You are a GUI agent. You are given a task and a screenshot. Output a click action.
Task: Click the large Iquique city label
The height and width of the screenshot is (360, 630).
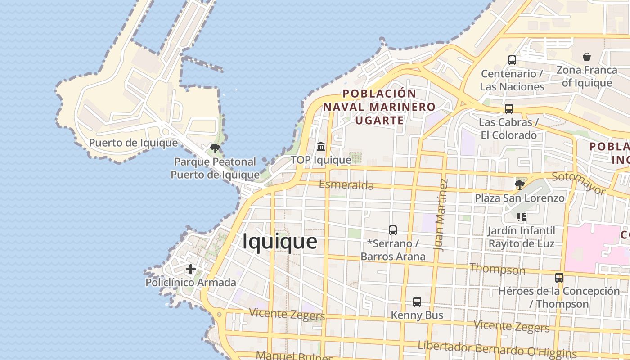(x=280, y=242)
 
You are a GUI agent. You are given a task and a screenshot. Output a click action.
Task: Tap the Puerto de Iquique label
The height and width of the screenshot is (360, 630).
(x=133, y=143)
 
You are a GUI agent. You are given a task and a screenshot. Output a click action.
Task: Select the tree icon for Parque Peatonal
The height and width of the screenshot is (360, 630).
(x=215, y=148)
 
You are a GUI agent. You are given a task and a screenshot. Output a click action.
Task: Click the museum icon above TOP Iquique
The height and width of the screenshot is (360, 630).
(x=321, y=146)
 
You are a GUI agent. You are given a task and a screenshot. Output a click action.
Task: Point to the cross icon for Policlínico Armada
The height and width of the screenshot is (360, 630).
(x=191, y=269)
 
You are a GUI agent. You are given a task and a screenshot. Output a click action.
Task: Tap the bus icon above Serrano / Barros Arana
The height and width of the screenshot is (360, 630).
(x=393, y=230)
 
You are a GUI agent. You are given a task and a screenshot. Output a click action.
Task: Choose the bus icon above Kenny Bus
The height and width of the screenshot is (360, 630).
(x=417, y=302)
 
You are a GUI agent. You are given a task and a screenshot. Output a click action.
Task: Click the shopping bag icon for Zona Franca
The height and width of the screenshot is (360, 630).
(x=587, y=57)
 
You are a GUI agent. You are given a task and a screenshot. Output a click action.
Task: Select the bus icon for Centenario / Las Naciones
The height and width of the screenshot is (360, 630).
(x=512, y=60)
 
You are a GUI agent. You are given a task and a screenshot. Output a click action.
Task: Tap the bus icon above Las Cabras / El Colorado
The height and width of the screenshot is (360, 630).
(x=509, y=109)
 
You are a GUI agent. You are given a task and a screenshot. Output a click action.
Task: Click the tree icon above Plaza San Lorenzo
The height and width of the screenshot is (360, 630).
(x=520, y=184)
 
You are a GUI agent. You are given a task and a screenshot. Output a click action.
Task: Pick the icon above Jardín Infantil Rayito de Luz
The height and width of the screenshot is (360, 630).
(x=522, y=218)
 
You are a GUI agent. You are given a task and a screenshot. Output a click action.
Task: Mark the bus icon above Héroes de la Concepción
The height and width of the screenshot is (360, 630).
(x=559, y=278)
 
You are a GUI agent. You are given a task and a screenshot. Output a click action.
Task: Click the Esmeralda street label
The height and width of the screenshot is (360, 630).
(x=346, y=185)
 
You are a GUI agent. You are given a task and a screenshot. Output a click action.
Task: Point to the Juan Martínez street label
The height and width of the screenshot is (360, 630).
(x=441, y=215)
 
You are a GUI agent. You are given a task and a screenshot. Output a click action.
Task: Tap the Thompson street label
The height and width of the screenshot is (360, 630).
(x=497, y=270)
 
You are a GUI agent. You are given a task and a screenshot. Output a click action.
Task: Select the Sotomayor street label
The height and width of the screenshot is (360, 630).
(x=579, y=183)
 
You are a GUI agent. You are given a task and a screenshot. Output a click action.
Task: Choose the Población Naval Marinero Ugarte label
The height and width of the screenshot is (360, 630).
(x=379, y=107)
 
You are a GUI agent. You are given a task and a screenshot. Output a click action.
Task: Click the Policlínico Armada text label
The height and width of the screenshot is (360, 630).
(x=191, y=283)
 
